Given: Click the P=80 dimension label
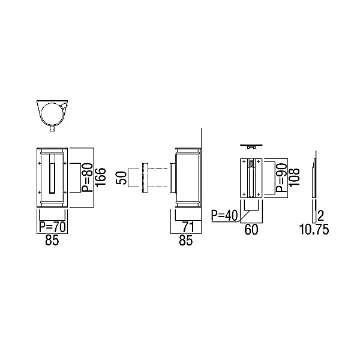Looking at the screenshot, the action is [87, 177].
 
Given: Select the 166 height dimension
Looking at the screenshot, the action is [101, 177].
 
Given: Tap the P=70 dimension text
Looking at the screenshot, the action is [53, 227].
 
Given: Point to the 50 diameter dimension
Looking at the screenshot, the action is [121, 178].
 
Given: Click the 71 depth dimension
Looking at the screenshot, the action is [188, 227].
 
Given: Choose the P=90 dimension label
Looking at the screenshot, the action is [281, 178].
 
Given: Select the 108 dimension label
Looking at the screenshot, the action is [295, 177].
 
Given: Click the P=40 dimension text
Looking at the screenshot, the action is [224, 215].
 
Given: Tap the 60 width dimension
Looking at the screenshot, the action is [251, 230].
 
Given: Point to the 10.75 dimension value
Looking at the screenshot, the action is [314, 230].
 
